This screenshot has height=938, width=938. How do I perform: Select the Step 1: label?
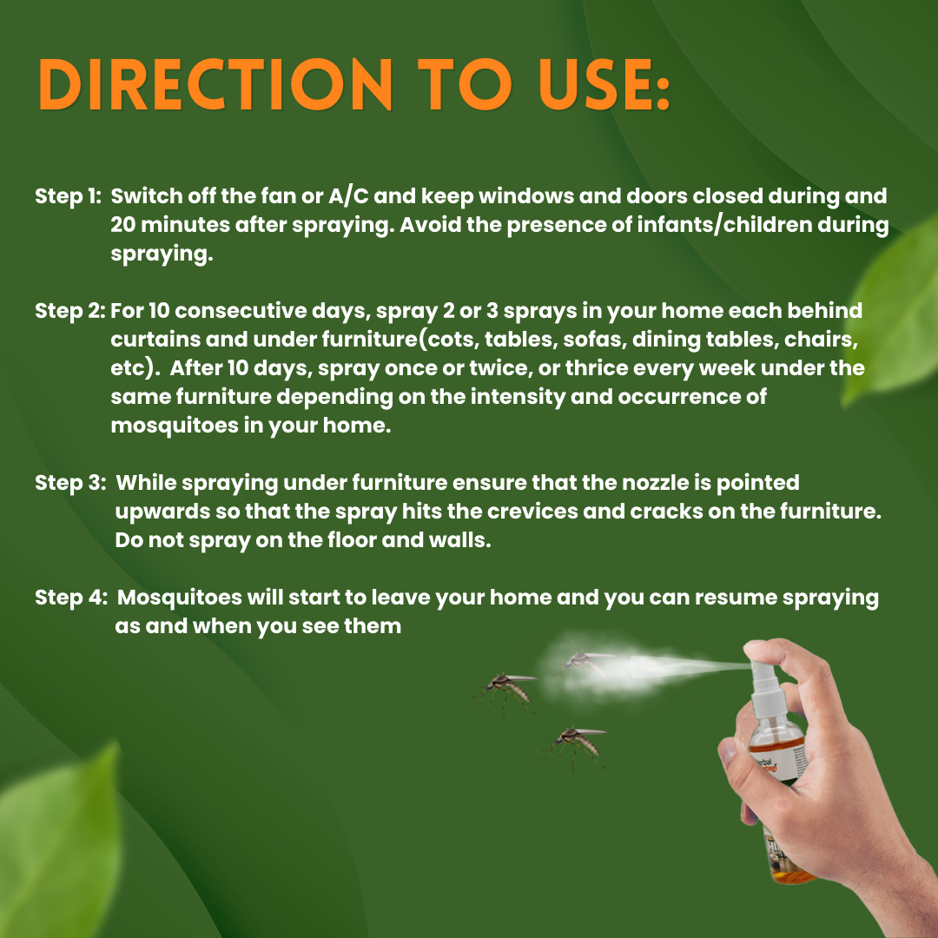pos(69,196)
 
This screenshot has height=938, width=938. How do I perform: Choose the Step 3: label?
pos(70,483)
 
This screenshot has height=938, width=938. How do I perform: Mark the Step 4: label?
pos(70,598)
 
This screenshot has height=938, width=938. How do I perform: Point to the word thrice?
pos(598,368)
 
